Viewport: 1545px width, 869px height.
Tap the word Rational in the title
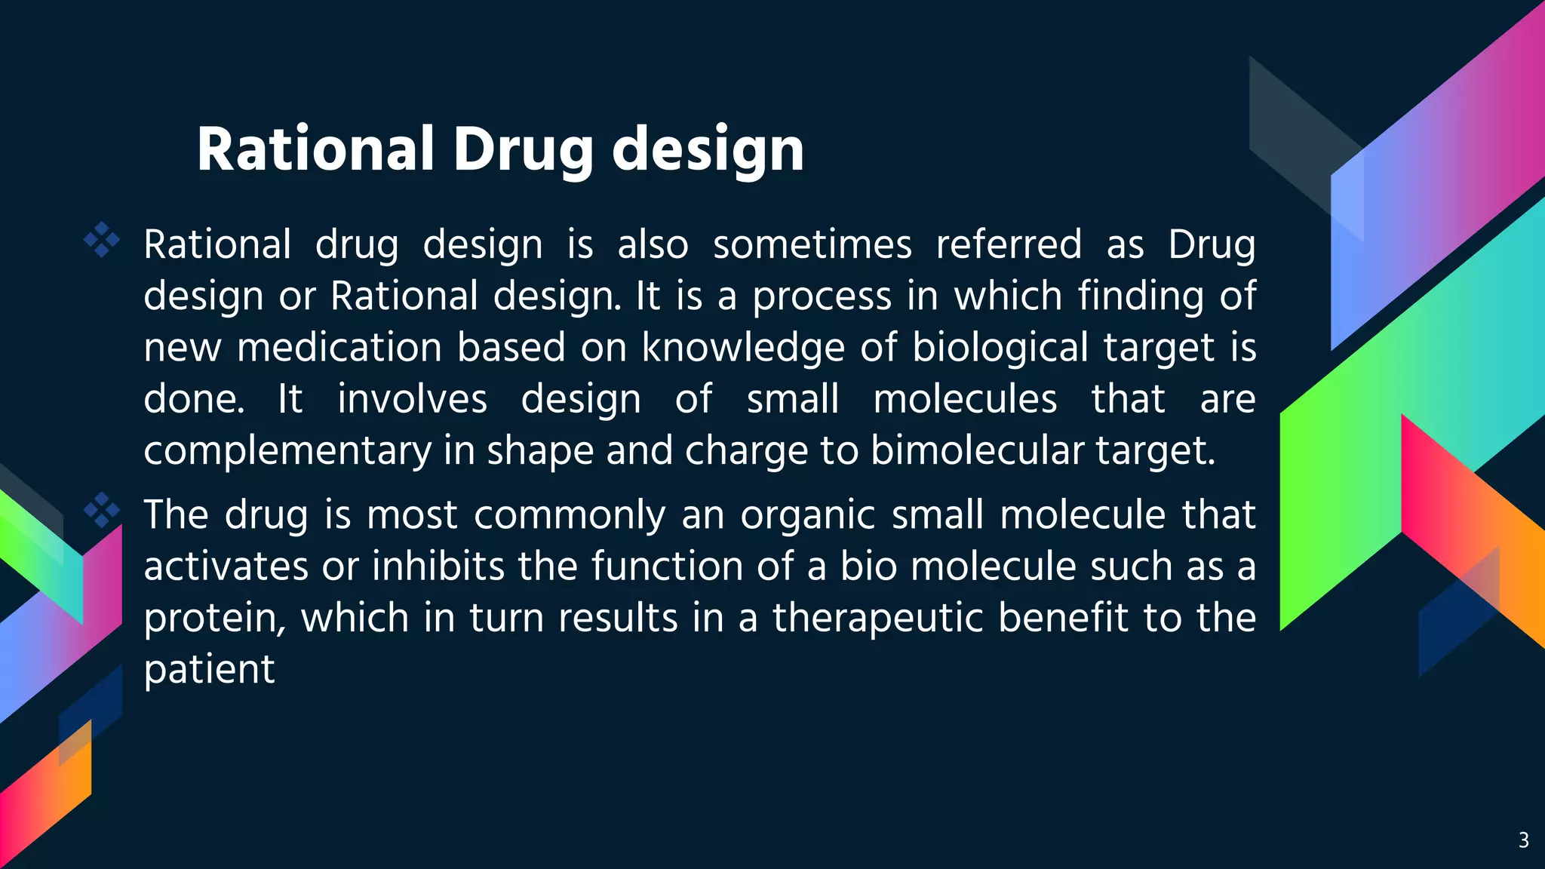click(x=316, y=149)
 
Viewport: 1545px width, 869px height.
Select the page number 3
click(x=1523, y=840)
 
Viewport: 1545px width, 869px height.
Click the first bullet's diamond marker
click(x=102, y=241)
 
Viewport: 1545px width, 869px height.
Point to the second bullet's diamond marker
click(x=102, y=511)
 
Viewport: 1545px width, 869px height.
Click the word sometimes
click(x=812, y=244)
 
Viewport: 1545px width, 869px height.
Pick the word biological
click(x=1000, y=348)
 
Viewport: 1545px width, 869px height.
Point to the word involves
click(x=412, y=399)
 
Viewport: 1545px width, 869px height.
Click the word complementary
click(x=287, y=451)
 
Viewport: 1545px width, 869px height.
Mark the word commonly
click(x=570, y=515)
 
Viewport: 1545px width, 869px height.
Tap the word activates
click(x=226, y=567)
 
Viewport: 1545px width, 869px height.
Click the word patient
click(x=209, y=670)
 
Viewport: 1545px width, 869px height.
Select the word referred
click(x=1009, y=244)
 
